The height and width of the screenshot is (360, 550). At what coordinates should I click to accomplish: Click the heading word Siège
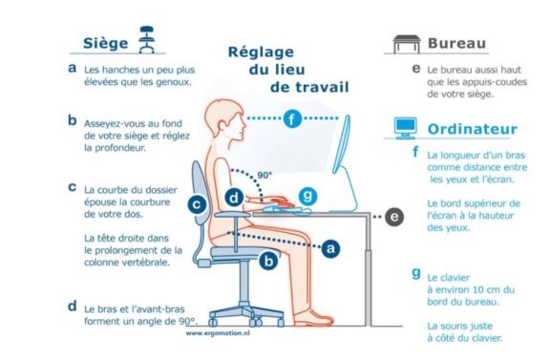(x=106, y=43)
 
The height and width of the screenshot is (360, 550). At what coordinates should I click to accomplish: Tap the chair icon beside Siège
(x=147, y=39)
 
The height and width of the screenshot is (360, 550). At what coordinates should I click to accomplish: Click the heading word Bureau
(x=456, y=43)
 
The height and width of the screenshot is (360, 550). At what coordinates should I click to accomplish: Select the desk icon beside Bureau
(x=407, y=44)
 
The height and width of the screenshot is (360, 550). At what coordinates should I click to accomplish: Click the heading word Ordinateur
(x=472, y=129)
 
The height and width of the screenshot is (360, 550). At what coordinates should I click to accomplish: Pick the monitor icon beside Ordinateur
(x=406, y=128)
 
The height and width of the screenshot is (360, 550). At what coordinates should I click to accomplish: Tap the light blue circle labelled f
(x=292, y=118)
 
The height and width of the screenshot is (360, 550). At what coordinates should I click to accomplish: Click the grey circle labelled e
(x=394, y=217)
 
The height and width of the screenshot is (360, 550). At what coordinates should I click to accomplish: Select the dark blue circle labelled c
(x=197, y=204)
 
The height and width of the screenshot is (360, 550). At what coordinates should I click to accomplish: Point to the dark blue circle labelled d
(x=234, y=198)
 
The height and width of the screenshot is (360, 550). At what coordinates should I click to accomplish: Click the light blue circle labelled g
(x=307, y=195)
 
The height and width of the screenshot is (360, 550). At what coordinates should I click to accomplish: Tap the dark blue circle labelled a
(x=330, y=248)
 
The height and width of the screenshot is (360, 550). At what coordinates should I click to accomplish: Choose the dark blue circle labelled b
(x=268, y=262)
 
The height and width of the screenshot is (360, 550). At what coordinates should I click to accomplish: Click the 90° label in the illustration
(x=264, y=175)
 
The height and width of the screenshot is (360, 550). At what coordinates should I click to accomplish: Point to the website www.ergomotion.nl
(x=218, y=333)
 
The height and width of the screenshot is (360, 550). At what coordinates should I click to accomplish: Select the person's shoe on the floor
(x=313, y=318)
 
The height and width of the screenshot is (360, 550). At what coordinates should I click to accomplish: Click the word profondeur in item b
(x=115, y=148)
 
